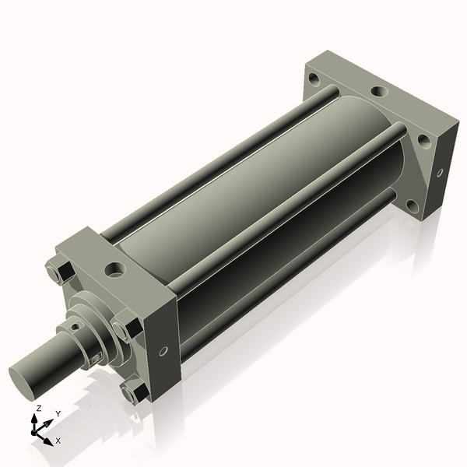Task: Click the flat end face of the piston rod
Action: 23,383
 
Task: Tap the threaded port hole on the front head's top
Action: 114,269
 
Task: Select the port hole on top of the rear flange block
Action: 379,91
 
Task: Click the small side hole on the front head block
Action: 163,351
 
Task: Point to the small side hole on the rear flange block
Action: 440,173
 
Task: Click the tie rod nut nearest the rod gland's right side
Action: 127,327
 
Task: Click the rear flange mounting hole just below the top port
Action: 424,142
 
